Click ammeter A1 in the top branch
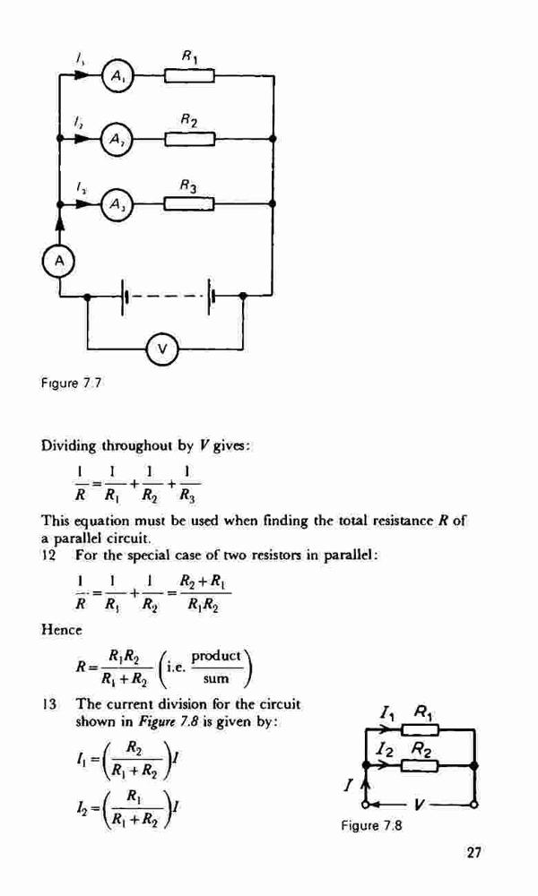click(x=117, y=75)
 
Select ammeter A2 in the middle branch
click(x=117, y=139)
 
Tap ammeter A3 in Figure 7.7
click(x=117, y=204)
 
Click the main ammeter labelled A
click(x=59, y=261)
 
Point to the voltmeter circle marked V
click(x=162, y=348)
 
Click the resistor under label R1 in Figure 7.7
click(x=190, y=75)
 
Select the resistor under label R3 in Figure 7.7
click(x=190, y=203)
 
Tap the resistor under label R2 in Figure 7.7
click(x=190, y=139)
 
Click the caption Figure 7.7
click(x=72, y=383)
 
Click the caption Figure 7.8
click(x=372, y=825)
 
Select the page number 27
click(x=473, y=853)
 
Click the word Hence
click(x=62, y=630)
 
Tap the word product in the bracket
click(x=215, y=657)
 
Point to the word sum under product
click(x=215, y=679)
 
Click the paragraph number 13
click(x=48, y=703)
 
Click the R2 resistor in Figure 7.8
click(x=420, y=765)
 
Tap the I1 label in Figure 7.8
click(x=388, y=714)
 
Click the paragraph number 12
click(x=48, y=555)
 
